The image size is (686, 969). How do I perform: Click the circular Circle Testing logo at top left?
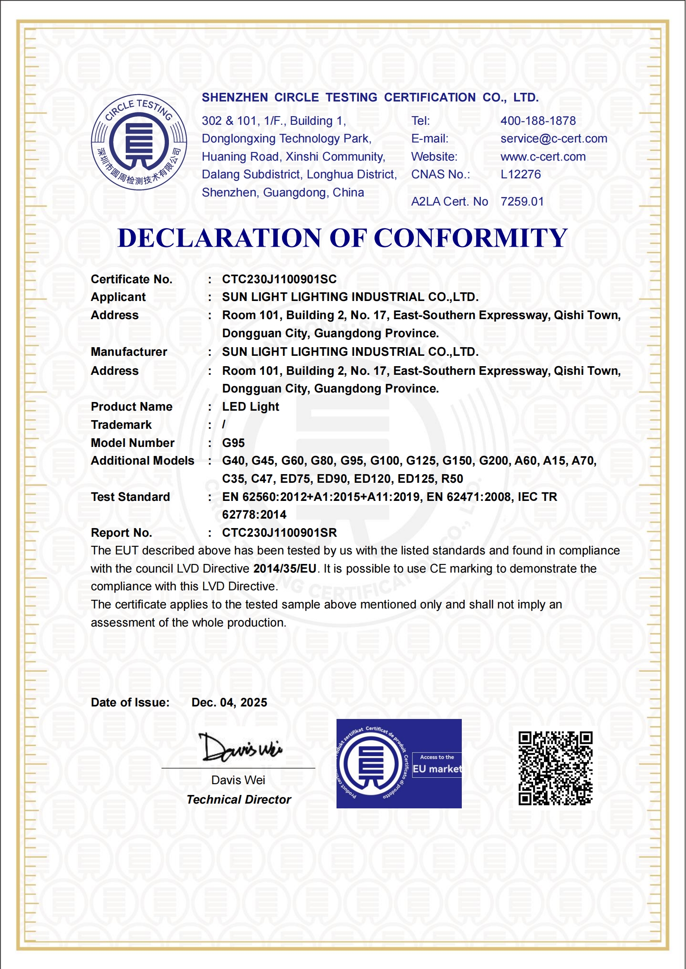click(139, 142)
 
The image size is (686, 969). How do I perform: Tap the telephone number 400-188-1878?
click(538, 121)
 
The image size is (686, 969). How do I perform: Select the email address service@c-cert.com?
click(553, 139)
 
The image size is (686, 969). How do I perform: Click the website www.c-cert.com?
click(543, 157)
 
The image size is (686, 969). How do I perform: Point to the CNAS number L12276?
click(521, 174)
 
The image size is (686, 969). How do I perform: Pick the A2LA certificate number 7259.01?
click(522, 202)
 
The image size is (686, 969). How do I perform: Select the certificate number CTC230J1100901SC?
click(279, 279)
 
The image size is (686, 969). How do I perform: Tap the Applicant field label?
click(118, 297)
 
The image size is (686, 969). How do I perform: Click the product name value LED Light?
click(251, 407)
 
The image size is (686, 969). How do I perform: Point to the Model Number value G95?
click(233, 443)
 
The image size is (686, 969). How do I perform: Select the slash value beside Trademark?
click(224, 425)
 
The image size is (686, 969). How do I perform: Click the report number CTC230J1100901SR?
click(279, 533)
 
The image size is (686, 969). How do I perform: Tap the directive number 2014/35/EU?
click(285, 569)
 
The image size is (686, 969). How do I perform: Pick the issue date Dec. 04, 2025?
click(229, 703)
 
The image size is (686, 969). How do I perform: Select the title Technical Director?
click(239, 800)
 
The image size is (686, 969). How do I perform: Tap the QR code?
click(555, 768)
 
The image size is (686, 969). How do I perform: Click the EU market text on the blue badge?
click(437, 769)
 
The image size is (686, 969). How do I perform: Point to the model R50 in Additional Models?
click(452, 479)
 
